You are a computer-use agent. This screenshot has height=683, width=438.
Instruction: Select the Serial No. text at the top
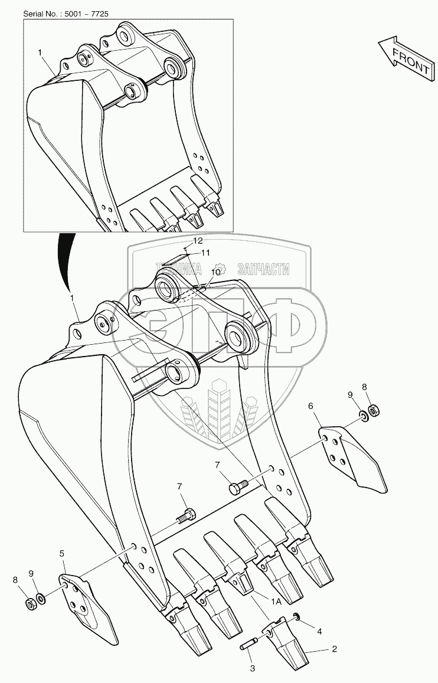point(66,14)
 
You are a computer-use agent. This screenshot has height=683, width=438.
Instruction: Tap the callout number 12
point(198,240)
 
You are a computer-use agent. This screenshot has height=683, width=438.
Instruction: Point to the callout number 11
point(205,252)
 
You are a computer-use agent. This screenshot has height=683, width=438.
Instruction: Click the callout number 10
point(215,272)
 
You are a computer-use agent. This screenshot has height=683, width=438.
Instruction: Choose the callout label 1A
point(276,602)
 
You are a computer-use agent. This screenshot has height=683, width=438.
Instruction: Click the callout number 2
point(334,649)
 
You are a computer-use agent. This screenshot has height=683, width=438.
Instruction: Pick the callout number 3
point(252,669)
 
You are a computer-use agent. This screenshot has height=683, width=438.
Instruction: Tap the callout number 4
point(319,632)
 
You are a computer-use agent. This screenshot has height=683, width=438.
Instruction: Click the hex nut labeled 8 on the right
point(374,410)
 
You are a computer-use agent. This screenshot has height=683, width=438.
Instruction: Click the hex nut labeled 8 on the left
point(31,604)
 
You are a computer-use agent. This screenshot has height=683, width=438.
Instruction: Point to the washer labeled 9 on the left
point(41,599)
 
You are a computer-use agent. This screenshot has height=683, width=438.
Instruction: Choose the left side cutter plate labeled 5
point(87,607)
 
